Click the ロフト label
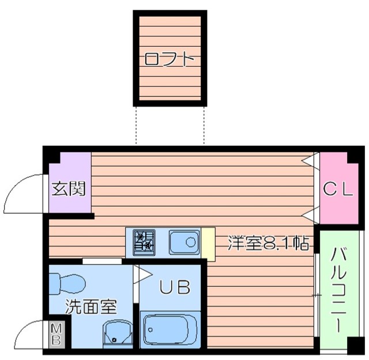coord(168,59)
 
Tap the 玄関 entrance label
coord(69,189)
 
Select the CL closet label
coord(337,190)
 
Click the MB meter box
coord(57,334)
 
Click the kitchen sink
coord(184,242)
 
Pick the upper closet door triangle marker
coord(312,158)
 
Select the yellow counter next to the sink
coord(207,242)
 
